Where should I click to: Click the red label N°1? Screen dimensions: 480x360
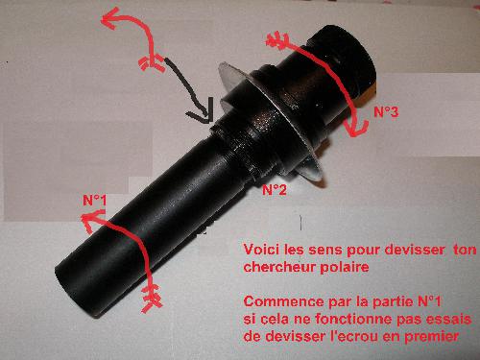[x=94, y=201]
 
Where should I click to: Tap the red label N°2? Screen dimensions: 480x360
[x=275, y=190]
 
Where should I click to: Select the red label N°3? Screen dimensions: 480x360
[x=386, y=111]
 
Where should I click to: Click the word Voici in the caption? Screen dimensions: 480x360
[x=261, y=250]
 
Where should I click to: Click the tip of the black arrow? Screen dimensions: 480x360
[x=209, y=122]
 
